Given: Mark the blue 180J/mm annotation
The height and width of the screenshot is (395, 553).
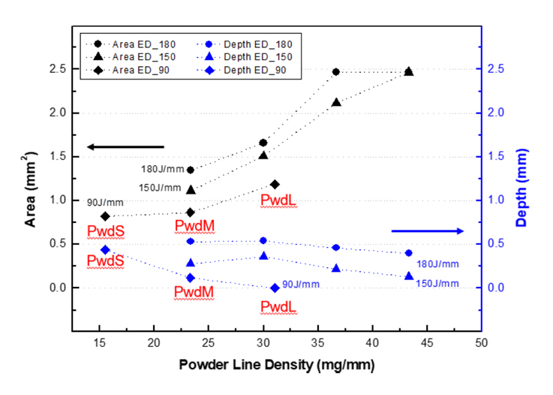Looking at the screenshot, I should point(437,264).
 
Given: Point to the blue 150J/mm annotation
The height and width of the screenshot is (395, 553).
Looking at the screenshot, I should point(437,283).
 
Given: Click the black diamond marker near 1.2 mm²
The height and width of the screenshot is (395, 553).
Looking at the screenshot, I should point(275,184).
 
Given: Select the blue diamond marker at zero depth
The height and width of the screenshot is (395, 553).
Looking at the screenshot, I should point(275,288).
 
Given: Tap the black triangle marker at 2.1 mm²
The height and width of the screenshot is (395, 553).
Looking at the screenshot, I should point(336,103).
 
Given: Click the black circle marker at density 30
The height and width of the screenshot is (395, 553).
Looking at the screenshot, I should point(263,143).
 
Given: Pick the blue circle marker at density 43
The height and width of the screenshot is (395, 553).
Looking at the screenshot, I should point(408,253).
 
